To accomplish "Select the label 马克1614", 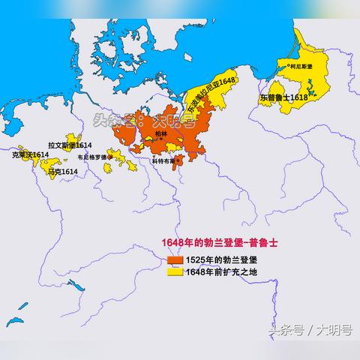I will (x=62, y=172).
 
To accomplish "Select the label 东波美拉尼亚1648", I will (x=211, y=96).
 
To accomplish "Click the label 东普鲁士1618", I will (x=283, y=97).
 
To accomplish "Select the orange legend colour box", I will (x=175, y=259).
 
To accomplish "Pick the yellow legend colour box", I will (x=175, y=272).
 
